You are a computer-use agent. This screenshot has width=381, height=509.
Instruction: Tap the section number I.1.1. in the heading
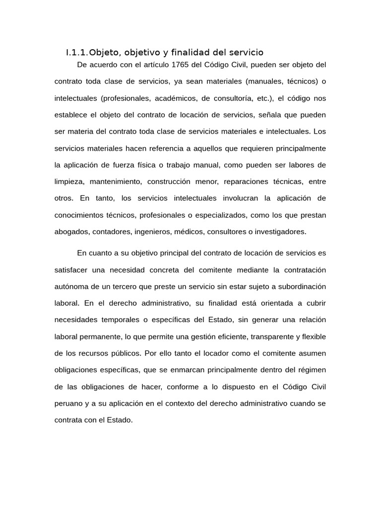click(77, 52)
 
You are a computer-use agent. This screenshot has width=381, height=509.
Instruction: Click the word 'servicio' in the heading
click(246, 52)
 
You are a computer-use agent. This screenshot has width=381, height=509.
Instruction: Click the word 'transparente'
click(271, 337)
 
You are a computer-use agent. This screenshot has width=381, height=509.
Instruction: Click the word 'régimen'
click(312, 370)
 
